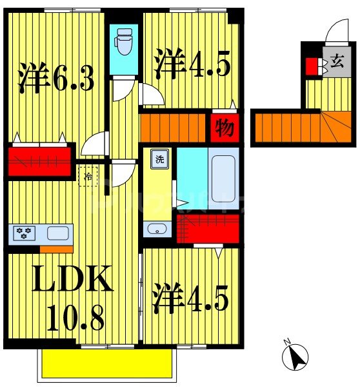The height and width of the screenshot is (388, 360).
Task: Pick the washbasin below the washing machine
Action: [155, 228]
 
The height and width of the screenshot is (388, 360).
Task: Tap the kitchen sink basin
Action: [55, 233]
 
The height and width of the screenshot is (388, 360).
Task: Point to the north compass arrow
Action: [295, 355]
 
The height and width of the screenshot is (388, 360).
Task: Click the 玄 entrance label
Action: [336, 64]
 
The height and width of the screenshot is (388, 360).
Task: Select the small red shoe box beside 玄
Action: [311, 66]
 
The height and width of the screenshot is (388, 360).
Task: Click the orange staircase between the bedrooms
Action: [172, 126]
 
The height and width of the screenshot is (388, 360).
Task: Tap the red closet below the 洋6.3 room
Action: [40, 160]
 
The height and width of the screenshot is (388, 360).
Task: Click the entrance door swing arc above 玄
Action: [337, 30]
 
